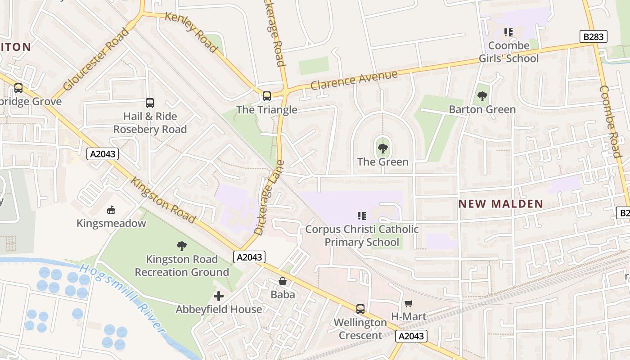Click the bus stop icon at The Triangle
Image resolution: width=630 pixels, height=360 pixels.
[x=267, y=96]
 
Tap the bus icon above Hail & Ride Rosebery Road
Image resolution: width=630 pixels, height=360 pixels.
[x=150, y=103]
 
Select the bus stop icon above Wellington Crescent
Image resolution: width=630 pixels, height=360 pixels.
[x=360, y=309]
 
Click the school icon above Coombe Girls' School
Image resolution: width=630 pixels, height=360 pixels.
[x=508, y=32]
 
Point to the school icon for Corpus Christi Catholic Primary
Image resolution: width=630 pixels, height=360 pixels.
[x=362, y=216]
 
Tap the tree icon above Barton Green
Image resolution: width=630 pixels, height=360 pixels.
[x=482, y=96]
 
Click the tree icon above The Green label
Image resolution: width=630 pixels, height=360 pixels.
[x=383, y=148]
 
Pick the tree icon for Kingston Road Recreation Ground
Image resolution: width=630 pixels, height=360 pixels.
[x=182, y=246]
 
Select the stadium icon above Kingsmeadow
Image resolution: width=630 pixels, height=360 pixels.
[x=111, y=210]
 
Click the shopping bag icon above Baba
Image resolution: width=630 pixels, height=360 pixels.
[x=283, y=281]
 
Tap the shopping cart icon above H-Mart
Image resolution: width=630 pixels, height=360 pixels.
[x=408, y=303]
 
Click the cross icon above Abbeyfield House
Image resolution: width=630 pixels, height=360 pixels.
[x=219, y=296]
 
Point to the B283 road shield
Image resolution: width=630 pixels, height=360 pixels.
[x=593, y=37]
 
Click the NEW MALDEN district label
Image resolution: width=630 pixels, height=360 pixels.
[x=501, y=204]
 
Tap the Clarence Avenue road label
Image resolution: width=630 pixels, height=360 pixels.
[x=354, y=80]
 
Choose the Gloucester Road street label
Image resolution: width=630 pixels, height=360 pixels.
[x=96, y=59]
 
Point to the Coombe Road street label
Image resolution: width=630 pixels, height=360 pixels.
[x=611, y=121]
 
